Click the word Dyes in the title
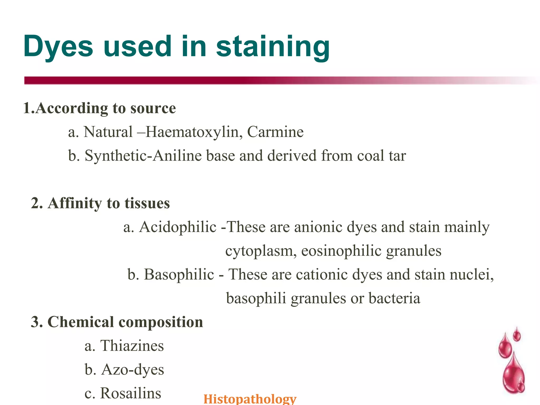[58, 47]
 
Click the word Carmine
[275, 132]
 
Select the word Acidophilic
[178, 227]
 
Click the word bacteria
[394, 298]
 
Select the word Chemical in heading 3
[80, 322]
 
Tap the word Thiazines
[132, 346]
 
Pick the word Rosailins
[131, 393]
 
